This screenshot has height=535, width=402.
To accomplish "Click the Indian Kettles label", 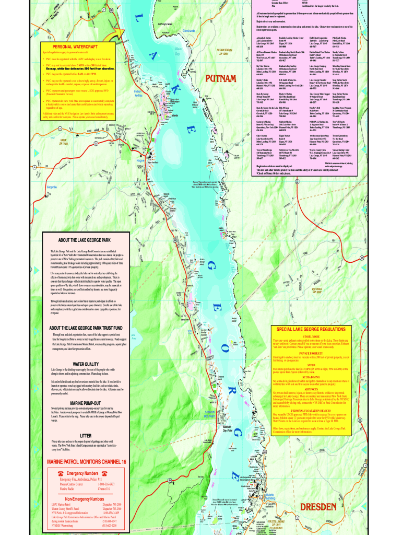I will coord(138,92).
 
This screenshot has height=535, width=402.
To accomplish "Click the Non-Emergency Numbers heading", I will coord(86,499).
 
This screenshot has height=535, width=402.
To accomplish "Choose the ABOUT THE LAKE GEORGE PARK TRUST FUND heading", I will coord(86,328).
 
